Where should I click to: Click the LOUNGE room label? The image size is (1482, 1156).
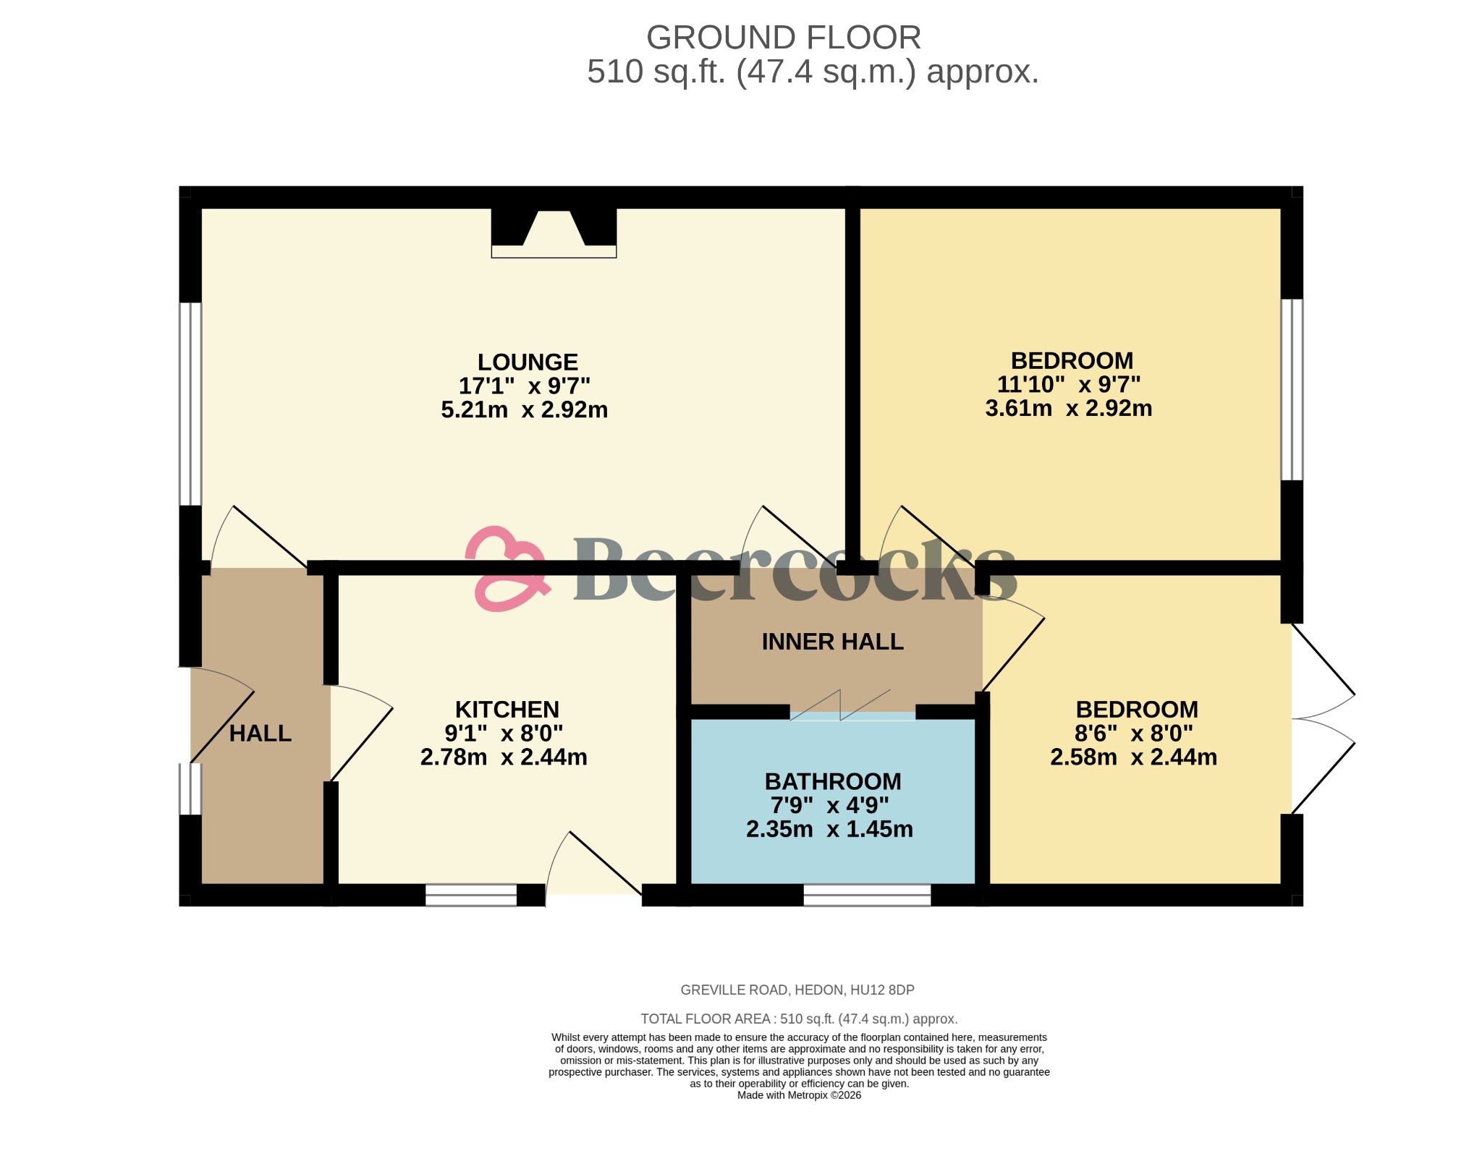pos(528,362)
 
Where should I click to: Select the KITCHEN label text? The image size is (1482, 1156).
pos(507,709)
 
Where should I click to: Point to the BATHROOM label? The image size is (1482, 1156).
pos(832,781)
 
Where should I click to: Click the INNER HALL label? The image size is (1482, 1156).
pos(832,642)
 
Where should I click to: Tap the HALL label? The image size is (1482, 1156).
pos(260,734)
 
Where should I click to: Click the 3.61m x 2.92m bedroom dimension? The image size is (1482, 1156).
pos(1068,409)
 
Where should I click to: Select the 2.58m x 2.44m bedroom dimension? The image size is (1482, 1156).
pos(1133,757)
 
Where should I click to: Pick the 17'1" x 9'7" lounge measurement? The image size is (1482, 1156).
pos(524,386)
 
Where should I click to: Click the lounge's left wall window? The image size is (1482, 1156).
pos(190,404)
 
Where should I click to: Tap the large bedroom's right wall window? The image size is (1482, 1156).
pos(1292,390)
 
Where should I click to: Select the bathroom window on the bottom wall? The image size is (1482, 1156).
pos(866,896)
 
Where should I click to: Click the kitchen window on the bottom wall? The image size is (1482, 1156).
pos(471,896)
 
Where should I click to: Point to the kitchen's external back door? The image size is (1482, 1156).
pos(593,868)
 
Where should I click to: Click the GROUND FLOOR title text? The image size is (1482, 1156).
pos(783,38)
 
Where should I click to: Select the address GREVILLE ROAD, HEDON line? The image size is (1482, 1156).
pos(797,990)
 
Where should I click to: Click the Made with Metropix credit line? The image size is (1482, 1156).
pos(799,1095)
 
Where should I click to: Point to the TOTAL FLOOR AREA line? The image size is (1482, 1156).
pos(799,1019)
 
